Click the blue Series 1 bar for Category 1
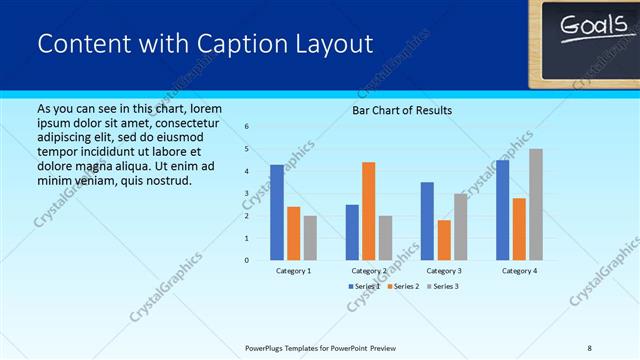coord(277,212)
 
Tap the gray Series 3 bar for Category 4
coord(536,204)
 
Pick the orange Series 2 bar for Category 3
coord(443,240)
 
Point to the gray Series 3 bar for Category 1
coord(310,238)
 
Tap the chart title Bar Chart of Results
coord(402,110)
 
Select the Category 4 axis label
coord(519,271)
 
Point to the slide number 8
coord(589,347)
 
